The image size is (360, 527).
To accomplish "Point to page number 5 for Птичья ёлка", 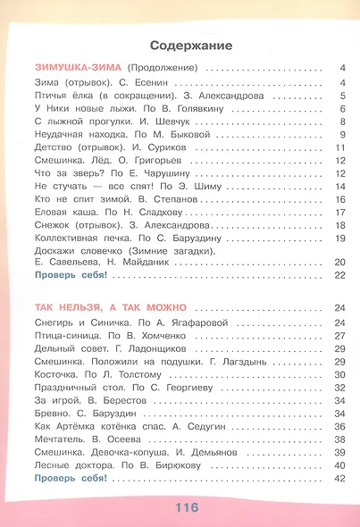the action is point(342,96).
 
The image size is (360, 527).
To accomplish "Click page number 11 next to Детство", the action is point(340,148).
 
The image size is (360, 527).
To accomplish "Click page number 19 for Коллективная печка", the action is point(340,239).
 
